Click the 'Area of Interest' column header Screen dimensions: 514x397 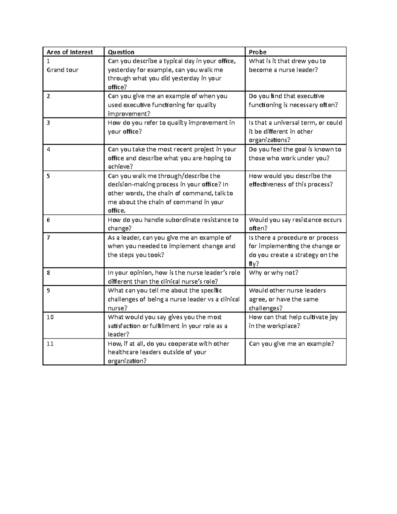point(70,52)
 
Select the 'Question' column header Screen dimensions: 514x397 point(121,52)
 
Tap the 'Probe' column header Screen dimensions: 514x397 point(258,52)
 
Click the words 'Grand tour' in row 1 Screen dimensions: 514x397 point(63,70)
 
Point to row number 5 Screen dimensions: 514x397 point(48,176)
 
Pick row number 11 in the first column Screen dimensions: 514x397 point(50,344)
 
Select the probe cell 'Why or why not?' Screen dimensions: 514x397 point(274,273)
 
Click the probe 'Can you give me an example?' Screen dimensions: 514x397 point(291,344)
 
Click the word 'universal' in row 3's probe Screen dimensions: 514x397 point(287,123)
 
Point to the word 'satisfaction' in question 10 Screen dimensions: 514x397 point(124,326)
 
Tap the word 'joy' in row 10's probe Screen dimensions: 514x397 point(333,317)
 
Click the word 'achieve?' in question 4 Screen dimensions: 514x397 point(119,167)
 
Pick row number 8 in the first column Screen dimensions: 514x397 point(48,273)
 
